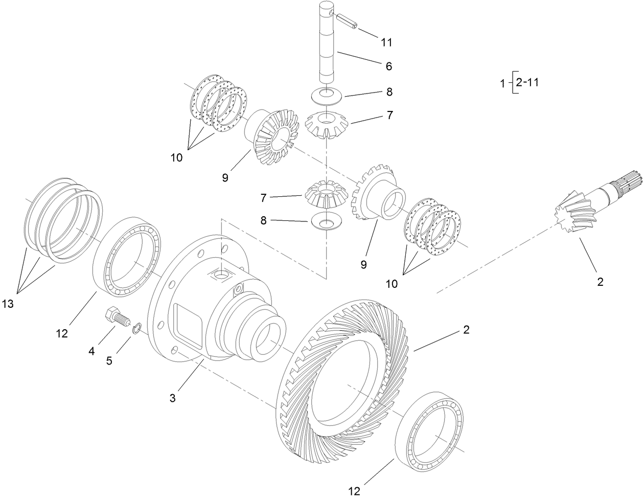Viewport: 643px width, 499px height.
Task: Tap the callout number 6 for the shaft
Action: (388, 66)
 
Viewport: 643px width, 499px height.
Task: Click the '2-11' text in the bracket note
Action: (526, 82)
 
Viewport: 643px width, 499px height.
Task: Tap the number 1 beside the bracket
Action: (503, 83)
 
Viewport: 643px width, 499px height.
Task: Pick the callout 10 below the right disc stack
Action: (392, 284)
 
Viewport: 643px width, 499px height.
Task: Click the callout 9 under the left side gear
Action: (225, 177)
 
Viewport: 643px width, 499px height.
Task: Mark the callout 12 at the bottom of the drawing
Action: (354, 491)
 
